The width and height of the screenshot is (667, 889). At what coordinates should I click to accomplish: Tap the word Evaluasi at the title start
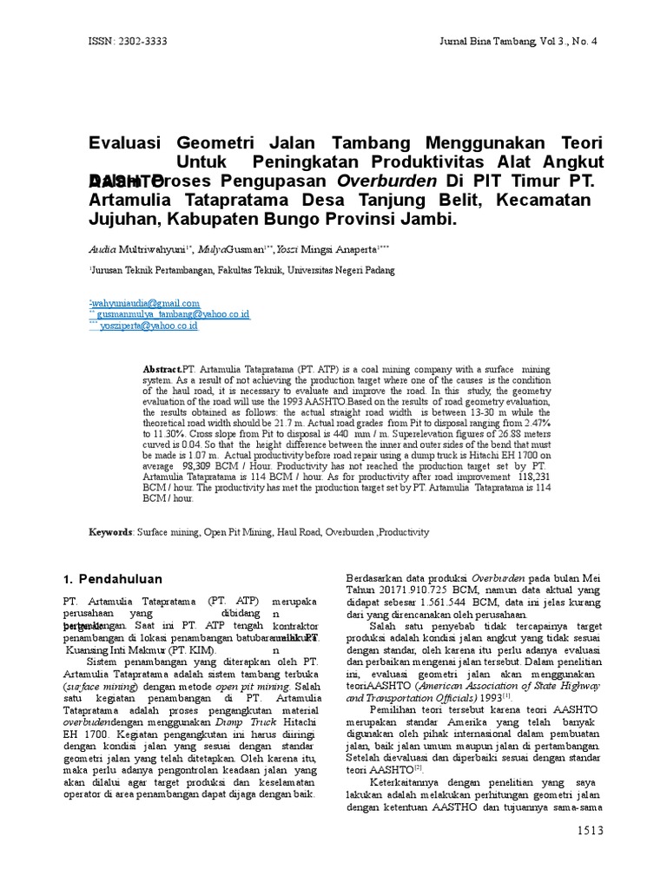tap(128, 142)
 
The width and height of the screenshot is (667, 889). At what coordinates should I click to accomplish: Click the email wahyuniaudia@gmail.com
tap(146, 302)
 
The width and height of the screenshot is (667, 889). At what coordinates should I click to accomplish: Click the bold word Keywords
tap(111, 531)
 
